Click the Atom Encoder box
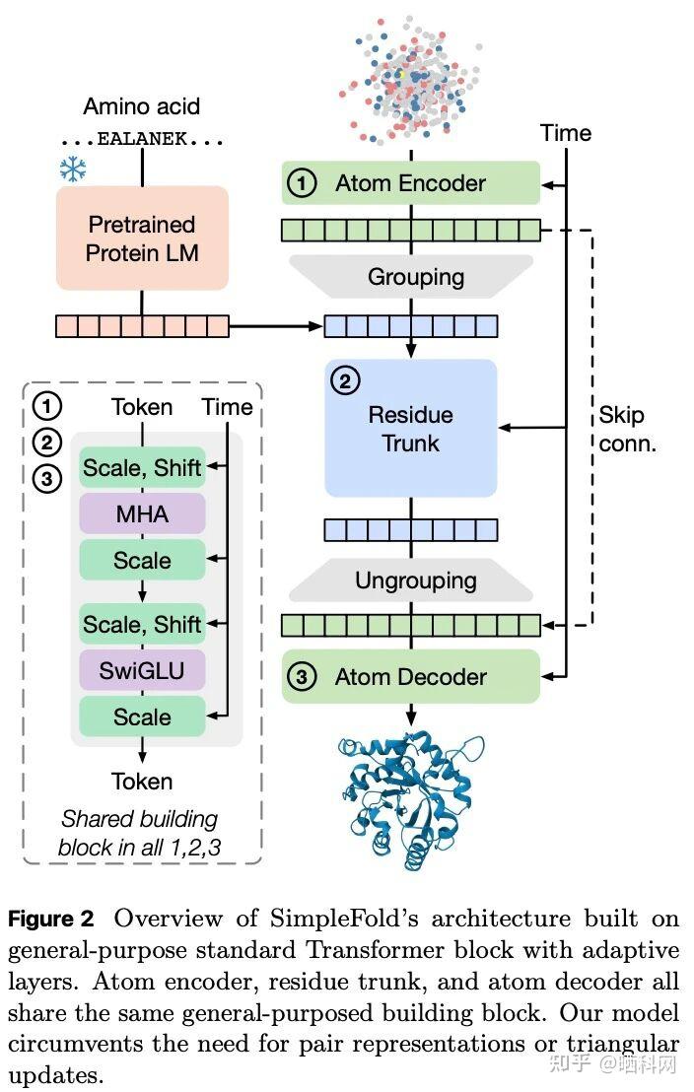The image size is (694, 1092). pos(410,183)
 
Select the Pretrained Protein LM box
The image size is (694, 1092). pos(142,239)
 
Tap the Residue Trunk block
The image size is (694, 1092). pos(410,428)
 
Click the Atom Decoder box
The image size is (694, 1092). pos(410,677)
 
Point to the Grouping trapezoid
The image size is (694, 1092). pos(410,277)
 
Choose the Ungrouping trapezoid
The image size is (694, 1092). pos(410,580)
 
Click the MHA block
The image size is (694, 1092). pos(142,513)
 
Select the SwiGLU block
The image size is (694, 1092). pos(142,670)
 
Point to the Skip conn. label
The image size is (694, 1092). pos(627,430)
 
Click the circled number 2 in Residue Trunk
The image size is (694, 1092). pos(344,380)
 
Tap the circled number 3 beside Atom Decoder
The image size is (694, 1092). pos(302,677)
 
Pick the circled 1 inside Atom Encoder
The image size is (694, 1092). pos(302,183)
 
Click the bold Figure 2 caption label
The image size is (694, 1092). pos(51,920)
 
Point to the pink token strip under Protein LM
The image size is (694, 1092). pos(142,325)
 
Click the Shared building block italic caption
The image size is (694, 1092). pos(138,833)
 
